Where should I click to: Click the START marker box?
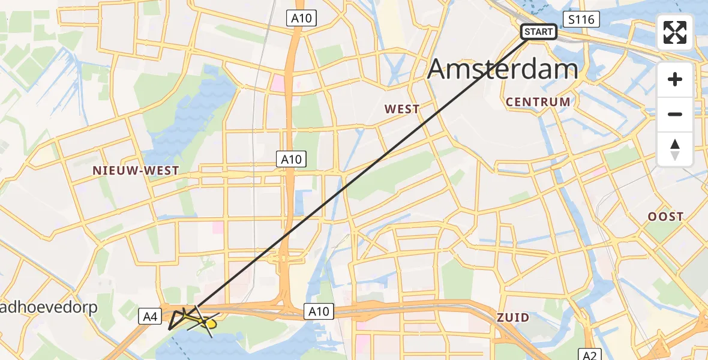pyautogui.click(x=538, y=32)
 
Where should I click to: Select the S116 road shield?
pyautogui.click(x=581, y=20)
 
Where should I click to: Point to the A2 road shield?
pyautogui.click(x=589, y=353)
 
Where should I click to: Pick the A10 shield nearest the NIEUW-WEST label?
pyautogui.click(x=292, y=159)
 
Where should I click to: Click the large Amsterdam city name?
pyautogui.click(x=502, y=69)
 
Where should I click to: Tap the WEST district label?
pyautogui.click(x=402, y=109)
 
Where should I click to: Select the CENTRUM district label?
pyautogui.click(x=538, y=102)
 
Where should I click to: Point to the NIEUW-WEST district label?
pyautogui.click(x=136, y=170)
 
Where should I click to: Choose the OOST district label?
pyautogui.click(x=665, y=217)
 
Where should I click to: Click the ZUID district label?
pyautogui.click(x=512, y=317)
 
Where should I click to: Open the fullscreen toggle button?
pyautogui.click(x=675, y=32)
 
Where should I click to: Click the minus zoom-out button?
pyautogui.click(x=675, y=114)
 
